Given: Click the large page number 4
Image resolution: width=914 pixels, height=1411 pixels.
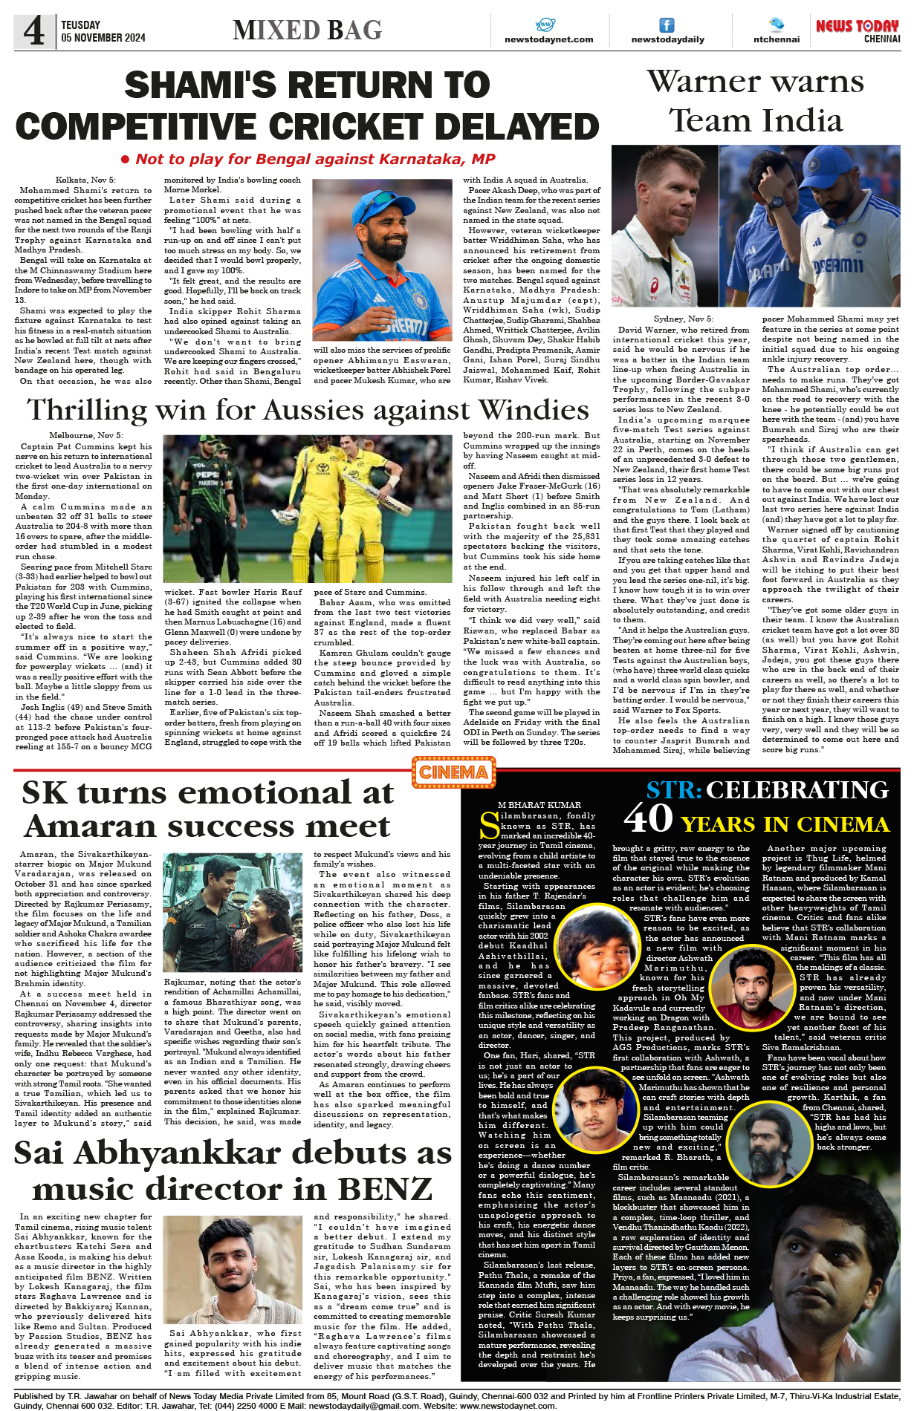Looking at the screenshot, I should tap(33, 31).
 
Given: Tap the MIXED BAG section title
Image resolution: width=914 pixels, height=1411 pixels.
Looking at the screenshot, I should tap(307, 30).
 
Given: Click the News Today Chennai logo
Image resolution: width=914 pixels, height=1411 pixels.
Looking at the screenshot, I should tap(858, 30).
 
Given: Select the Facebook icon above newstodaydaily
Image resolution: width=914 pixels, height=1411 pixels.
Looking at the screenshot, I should tap(667, 25).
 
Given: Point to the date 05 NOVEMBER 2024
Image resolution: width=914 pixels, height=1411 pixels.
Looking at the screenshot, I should tap(103, 38).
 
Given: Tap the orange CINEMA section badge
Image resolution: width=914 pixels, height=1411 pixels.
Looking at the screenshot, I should tap(453, 772).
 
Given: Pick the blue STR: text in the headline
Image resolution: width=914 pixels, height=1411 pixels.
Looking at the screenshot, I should tap(673, 790).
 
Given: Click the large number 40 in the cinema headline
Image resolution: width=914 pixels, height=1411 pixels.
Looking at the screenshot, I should tap(648, 818).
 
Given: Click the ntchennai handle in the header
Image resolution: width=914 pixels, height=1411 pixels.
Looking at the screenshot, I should tap(777, 39).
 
